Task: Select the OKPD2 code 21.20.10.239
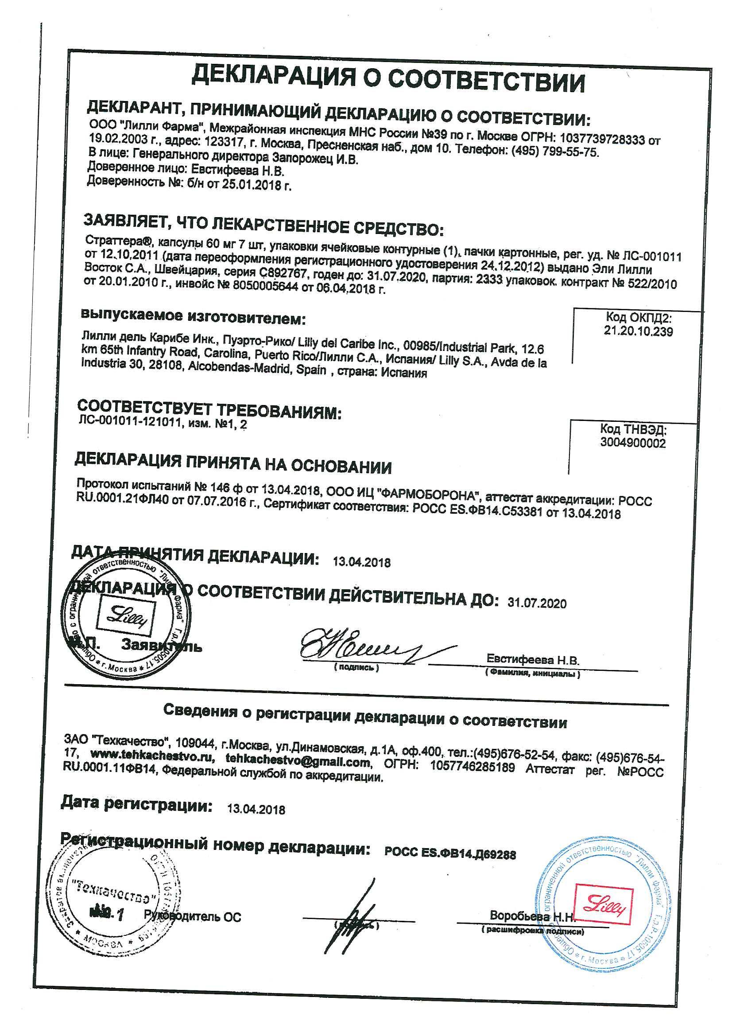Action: coord(638,331)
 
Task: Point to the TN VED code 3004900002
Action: coord(632,443)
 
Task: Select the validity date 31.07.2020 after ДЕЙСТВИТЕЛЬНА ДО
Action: coord(537,604)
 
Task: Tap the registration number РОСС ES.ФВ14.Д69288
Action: coord(450,854)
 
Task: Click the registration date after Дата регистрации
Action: coord(256,810)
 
